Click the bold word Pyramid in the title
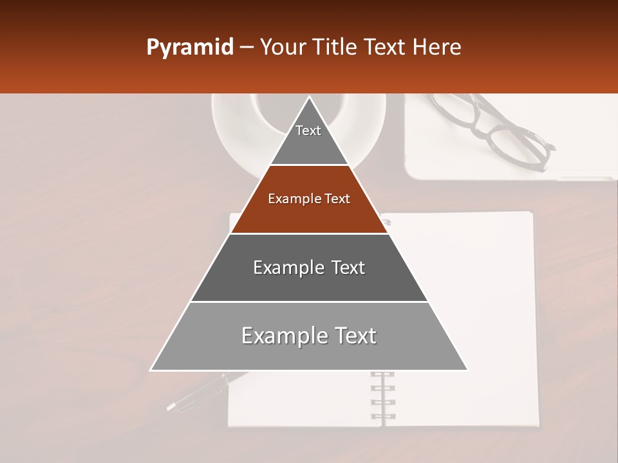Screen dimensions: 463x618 [x=189, y=48]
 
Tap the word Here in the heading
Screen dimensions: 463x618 [x=437, y=48]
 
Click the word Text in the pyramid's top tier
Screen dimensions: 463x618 [x=308, y=131]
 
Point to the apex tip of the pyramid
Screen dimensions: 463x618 [x=309, y=97]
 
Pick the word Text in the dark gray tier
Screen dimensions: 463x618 [x=344, y=268]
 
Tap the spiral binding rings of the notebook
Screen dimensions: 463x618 [x=382, y=395]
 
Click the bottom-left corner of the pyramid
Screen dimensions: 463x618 [x=151, y=370]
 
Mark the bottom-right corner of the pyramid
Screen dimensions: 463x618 [x=467, y=370]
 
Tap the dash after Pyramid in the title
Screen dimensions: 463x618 [x=247, y=48]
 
